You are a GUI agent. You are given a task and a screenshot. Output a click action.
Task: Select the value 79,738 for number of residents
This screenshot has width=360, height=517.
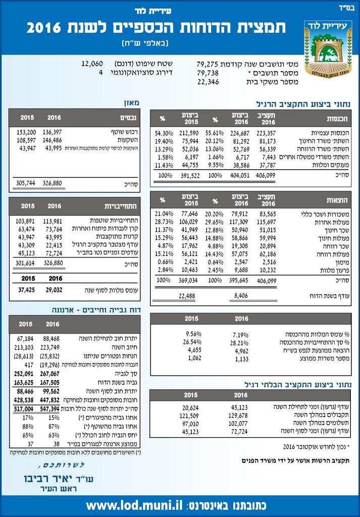pos(208,73)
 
